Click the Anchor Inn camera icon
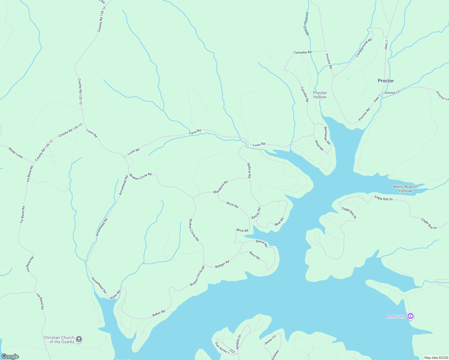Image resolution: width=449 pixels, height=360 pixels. [x=411, y=316]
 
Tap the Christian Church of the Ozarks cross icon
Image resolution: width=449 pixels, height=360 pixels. [x=79, y=339]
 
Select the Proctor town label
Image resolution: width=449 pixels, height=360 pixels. [x=386, y=81]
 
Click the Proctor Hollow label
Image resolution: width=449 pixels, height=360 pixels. [x=320, y=95]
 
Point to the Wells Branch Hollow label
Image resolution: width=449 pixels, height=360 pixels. [x=405, y=189]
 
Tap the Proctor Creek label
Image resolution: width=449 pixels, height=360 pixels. [x=307, y=24]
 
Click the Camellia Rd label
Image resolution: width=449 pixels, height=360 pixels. [x=303, y=52]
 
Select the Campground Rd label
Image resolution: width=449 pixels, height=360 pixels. [x=364, y=47]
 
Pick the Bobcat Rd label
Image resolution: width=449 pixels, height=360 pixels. [x=249, y=171]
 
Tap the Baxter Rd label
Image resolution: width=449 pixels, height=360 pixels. [x=256, y=213]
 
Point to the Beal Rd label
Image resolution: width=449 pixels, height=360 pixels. [x=279, y=222]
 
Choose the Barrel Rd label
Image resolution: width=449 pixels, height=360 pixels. [x=262, y=243]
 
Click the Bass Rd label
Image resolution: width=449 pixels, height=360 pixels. [x=255, y=256]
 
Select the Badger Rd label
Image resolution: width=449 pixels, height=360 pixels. [x=222, y=264]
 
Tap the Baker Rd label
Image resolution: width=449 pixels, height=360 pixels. [x=158, y=313]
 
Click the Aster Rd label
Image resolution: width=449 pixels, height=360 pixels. [x=115, y=294]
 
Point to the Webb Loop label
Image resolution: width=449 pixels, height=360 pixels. [x=16, y=152]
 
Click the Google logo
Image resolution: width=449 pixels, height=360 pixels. [x=10, y=356]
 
